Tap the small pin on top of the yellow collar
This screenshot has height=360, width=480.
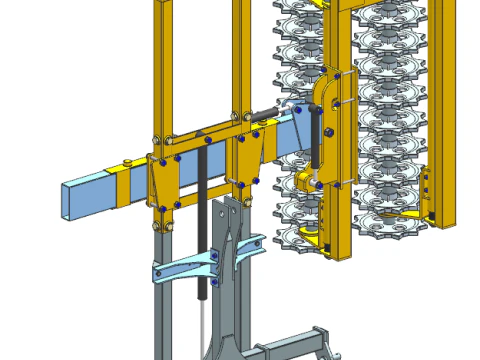pos(123,163)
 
